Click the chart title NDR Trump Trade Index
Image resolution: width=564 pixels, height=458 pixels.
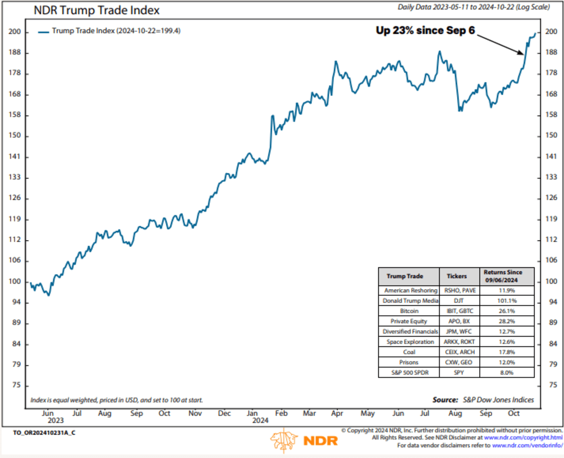96,10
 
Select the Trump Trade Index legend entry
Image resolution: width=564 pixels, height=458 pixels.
111,31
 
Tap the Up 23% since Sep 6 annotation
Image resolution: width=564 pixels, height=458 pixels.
426,30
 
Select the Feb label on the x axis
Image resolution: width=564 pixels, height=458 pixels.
281,413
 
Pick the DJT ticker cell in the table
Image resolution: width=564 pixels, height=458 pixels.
459,301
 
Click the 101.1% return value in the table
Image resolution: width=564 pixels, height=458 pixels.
507,301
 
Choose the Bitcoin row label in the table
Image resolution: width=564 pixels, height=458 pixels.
409,311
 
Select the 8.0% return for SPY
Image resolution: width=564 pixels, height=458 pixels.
507,372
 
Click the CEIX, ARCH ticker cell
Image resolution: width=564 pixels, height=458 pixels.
459,352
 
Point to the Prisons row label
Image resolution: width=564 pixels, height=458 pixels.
409,362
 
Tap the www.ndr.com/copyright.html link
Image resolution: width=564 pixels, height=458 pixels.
523,438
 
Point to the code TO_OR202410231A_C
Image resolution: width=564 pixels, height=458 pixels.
44,432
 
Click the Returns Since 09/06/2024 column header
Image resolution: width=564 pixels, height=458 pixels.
507,276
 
